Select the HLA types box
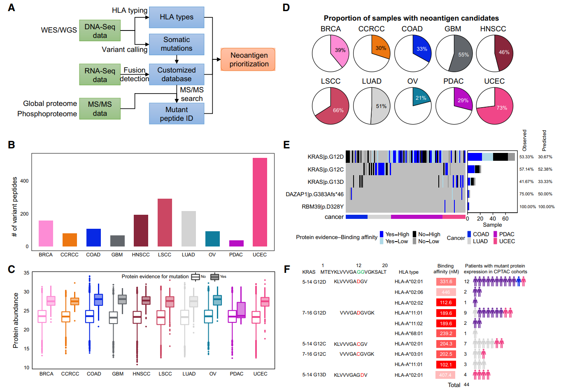coord(177,17)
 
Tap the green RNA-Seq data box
coord(100,75)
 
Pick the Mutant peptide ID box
coord(177,114)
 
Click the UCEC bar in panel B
coord(260,202)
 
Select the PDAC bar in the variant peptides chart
coord(236,243)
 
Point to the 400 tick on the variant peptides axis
coord(24,181)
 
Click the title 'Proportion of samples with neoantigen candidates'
coord(411,18)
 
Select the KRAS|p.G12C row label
coord(326,169)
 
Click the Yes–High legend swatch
coord(382,234)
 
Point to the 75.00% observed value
coord(526,194)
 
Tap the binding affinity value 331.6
coord(446,282)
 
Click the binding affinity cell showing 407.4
coord(446,375)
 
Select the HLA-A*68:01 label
coord(408,333)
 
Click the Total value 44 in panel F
coord(466,385)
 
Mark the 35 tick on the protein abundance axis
coord(26,273)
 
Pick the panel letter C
coord(12,269)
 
